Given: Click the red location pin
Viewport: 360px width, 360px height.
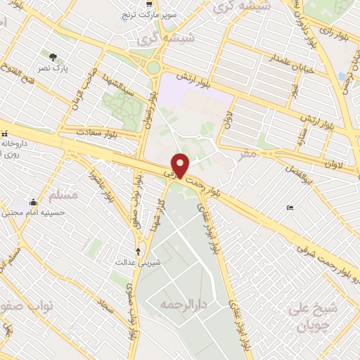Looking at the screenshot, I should click(181, 165).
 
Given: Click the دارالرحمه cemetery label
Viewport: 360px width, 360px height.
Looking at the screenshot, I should click(181, 304).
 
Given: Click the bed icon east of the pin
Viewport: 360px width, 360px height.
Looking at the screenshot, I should click(290, 207).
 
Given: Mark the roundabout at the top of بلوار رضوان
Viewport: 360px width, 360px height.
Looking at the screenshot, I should click(153, 68).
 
